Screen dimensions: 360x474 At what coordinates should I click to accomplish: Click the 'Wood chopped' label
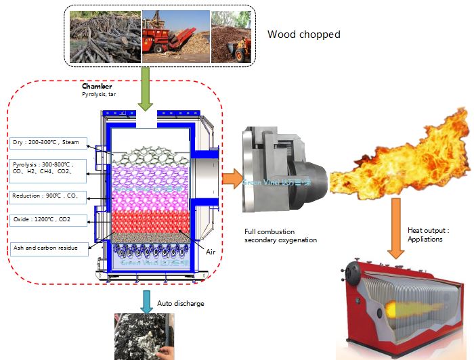304,35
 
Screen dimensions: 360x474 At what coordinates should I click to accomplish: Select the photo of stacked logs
104,37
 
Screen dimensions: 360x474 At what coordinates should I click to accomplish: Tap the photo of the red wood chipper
175,37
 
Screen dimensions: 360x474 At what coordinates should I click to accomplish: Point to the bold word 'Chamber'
97,87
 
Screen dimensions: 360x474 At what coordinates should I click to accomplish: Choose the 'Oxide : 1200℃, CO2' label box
51,220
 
